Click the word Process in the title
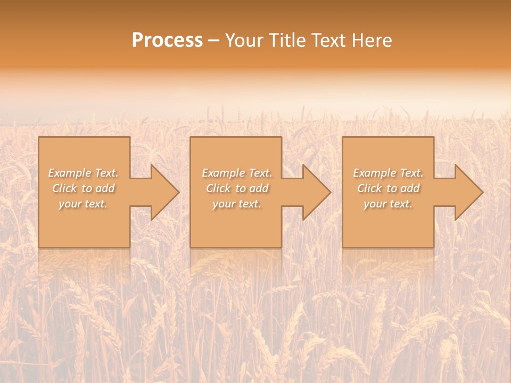pyautogui.click(x=167, y=40)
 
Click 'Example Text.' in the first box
pyautogui.click(x=83, y=173)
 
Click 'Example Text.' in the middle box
pyautogui.click(x=236, y=173)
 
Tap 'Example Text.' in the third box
pyautogui.click(x=388, y=173)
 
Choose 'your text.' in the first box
pyautogui.click(x=83, y=204)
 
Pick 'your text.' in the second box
pyautogui.click(x=236, y=204)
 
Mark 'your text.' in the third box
pyautogui.click(x=388, y=204)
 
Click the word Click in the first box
pyautogui.click(x=64, y=188)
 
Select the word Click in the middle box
pyautogui.click(x=218, y=188)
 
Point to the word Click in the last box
pyautogui.click(x=369, y=188)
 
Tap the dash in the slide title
pyautogui.click(x=214, y=41)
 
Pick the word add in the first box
pyautogui.click(x=105, y=188)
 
